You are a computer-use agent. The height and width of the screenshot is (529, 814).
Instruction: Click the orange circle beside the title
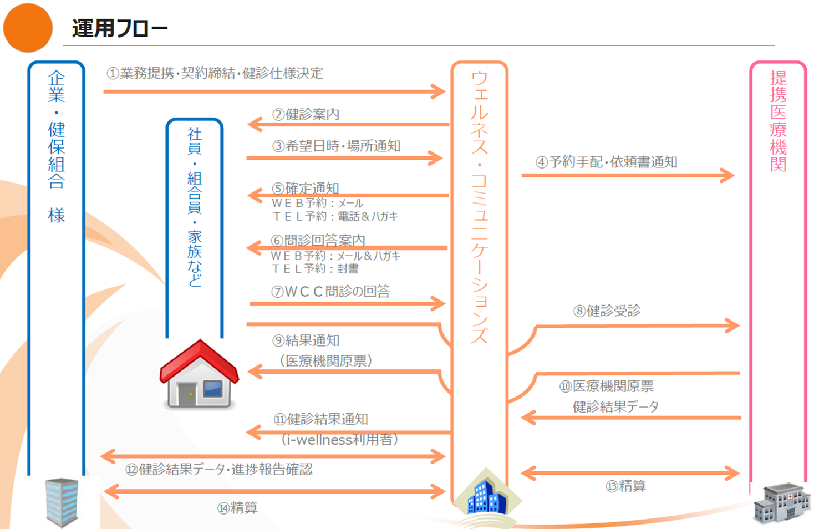click(28, 28)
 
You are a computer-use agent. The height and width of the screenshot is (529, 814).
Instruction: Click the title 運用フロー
click(120, 28)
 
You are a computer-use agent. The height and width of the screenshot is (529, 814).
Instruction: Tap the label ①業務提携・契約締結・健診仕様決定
click(215, 73)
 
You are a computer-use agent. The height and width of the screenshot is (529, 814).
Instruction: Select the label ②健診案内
click(306, 114)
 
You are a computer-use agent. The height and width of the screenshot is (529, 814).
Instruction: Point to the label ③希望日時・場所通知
click(336, 146)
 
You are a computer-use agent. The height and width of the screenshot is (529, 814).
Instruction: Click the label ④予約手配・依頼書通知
click(606, 162)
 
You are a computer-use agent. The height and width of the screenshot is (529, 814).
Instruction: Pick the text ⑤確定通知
click(305, 188)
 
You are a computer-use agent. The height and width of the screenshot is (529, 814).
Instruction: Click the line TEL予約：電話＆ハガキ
click(335, 217)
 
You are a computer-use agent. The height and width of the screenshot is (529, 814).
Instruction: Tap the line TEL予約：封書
click(315, 269)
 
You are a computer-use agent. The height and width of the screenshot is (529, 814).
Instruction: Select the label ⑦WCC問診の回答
click(330, 291)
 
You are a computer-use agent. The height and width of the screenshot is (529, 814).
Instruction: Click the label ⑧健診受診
click(607, 311)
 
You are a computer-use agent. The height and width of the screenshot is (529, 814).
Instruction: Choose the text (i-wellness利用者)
click(339, 440)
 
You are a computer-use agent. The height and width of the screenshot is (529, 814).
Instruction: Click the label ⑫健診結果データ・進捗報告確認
click(219, 470)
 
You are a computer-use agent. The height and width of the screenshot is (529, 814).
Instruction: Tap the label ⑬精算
click(625, 486)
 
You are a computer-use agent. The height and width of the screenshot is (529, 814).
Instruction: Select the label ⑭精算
click(237, 507)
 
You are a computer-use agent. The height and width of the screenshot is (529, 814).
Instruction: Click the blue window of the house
click(212, 388)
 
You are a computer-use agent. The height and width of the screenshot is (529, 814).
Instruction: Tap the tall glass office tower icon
click(62, 503)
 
